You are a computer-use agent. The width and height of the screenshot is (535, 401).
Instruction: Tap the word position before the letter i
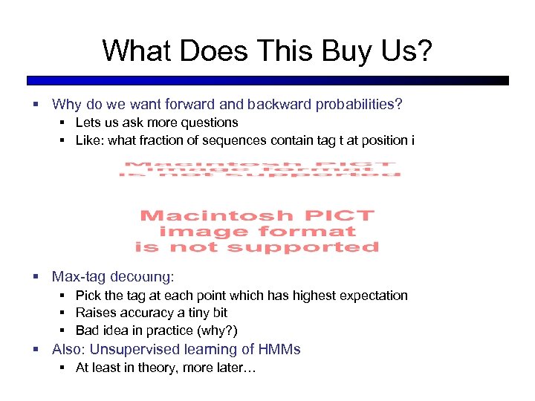click(x=380, y=140)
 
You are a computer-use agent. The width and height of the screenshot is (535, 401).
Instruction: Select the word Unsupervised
click(x=135, y=349)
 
